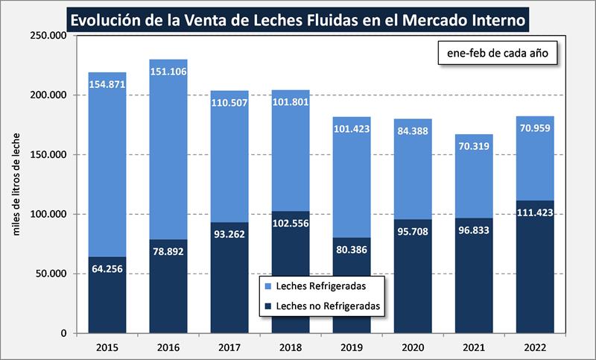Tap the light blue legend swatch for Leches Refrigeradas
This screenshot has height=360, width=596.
point(267,285)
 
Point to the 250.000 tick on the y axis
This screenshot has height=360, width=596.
point(49,36)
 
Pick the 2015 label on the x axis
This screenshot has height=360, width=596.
point(107,347)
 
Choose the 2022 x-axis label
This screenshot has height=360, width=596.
point(534,347)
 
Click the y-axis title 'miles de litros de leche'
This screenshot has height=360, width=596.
point(16,185)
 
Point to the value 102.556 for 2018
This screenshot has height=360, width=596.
point(290,224)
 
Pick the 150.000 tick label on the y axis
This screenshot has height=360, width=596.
point(49,155)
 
